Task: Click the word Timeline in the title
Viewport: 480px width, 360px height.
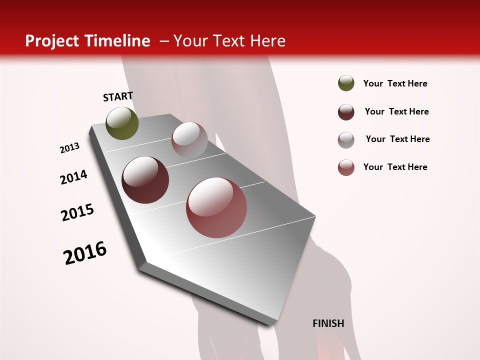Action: (118, 41)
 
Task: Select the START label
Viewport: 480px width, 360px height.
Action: (118, 96)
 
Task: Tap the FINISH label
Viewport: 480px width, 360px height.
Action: (328, 323)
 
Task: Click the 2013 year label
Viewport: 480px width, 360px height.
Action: (69, 148)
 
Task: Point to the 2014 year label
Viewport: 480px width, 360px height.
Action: (73, 177)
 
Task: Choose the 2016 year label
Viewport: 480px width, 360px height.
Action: (85, 253)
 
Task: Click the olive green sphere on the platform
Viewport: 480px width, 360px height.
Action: (122, 123)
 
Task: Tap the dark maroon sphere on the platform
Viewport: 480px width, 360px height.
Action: (145, 180)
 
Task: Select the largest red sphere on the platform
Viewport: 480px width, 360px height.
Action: (216, 207)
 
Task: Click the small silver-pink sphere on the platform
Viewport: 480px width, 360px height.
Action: (189, 139)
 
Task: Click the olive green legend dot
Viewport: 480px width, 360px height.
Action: (346, 83)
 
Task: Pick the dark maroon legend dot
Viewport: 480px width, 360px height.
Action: (346, 112)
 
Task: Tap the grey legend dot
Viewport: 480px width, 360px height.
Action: (346, 139)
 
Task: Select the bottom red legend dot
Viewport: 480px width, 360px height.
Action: (346, 167)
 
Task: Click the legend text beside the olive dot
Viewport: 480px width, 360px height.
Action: (395, 83)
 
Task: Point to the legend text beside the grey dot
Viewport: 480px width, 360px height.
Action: (397, 139)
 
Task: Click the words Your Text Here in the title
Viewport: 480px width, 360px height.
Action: (229, 41)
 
